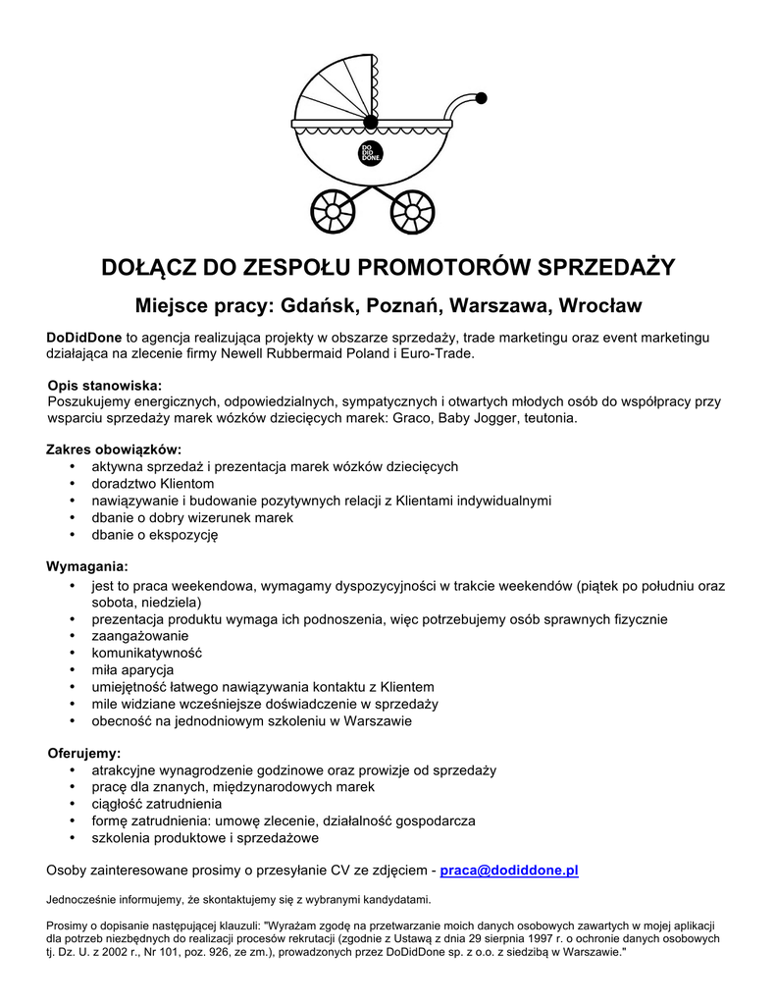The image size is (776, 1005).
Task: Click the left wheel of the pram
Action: click(x=333, y=209)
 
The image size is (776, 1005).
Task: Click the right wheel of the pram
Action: click(x=413, y=209)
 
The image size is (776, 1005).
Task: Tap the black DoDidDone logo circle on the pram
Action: click(x=371, y=152)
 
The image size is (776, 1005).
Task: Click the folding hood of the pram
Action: click(x=339, y=94)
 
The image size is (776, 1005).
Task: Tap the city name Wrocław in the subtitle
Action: click(x=598, y=305)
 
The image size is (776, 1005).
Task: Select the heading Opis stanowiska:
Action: click(x=104, y=385)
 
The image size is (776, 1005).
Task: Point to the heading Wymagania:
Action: click(x=87, y=566)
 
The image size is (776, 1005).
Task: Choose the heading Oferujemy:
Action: click(x=84, y=754)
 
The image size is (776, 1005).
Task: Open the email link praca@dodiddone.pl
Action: click(x=509, y=870)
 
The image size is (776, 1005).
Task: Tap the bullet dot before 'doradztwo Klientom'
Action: click(x=74, y=484)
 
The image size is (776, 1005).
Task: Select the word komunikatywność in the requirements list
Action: click(x=146, y=653)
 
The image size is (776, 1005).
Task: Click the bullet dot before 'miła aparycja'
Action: click(x=74, y=669)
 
